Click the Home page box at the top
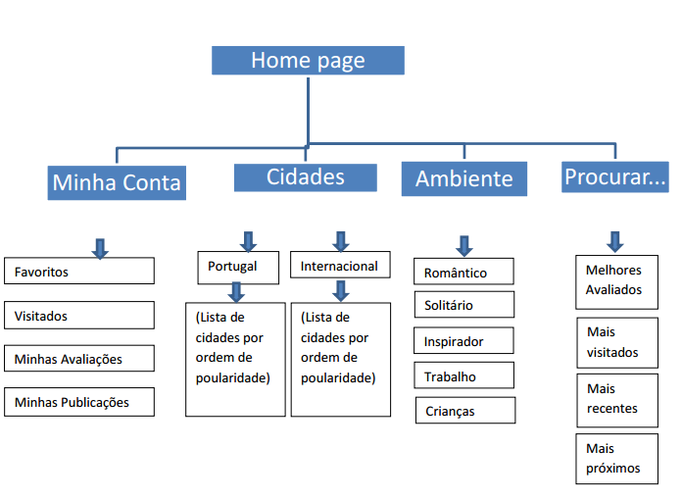(308, 60)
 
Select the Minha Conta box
(117, 182)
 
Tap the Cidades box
(305, 177)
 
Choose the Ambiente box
(463, 179)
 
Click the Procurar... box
(615, 177)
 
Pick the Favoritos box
(78, 272)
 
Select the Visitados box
(78, 316)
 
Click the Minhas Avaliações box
(78, 359)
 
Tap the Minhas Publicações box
(78, 402)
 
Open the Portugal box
(233, 267)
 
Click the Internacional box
(339, 267)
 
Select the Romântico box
(463, 273)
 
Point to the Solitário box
(463, 305)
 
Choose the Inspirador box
(463, 341)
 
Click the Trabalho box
(463, 376)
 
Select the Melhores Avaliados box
(615, 280)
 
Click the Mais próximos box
(615, 458)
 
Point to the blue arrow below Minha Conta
(99, 248)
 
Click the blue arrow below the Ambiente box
(463, 245)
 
